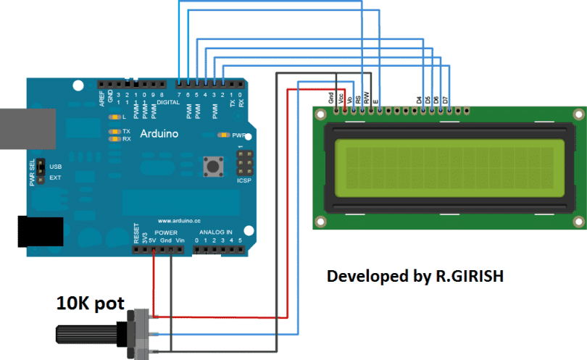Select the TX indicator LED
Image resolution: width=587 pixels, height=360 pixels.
click(114, 131)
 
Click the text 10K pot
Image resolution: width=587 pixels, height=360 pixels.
click(90, 303)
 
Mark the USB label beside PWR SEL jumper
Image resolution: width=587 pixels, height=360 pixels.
click(55, 166)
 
